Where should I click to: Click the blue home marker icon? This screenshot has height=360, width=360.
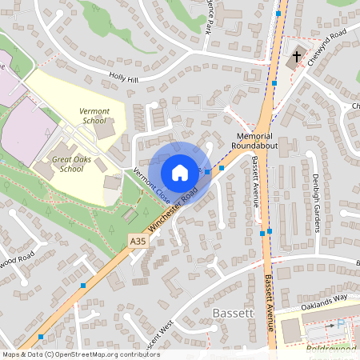(180, 172)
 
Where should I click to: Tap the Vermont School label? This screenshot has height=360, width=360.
(94, 116)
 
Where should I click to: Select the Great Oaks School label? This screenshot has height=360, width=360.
(67, 164)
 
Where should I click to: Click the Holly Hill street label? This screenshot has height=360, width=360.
(124, 78)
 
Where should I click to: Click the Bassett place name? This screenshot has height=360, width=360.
(234, 313)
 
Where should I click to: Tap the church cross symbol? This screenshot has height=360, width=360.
(297, 58)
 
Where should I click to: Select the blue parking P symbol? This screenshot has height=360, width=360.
(340, 324)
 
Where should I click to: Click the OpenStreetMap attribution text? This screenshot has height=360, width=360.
(81, 354)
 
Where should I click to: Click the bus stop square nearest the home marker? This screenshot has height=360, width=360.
(208, 171)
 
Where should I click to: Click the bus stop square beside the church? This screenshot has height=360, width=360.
(274, 82)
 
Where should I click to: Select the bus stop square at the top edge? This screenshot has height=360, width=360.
(278, 14)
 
